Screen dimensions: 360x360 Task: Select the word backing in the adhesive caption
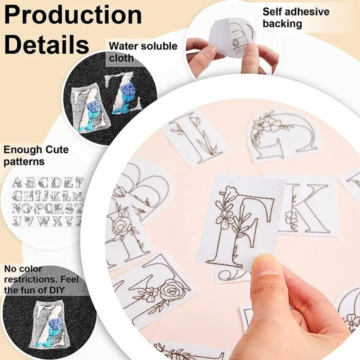point(282,24)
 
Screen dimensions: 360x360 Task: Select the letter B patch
point(144,187)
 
